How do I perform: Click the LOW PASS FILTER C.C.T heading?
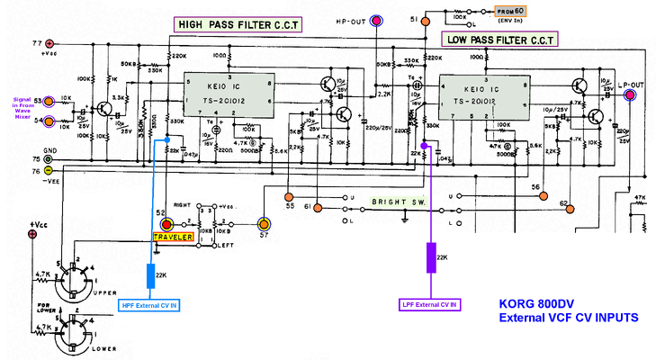click(x=500, y=40)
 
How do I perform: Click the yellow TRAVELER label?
click(x=173, y=237)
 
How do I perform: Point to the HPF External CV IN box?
click(x=148, y=306)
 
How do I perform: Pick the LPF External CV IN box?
click(x=428, y=304)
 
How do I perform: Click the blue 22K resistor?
click(x=150, y=274)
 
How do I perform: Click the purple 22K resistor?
click(x=431, y=257)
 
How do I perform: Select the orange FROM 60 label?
click(x=515, y=11)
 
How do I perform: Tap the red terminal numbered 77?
click(x=49, y=42)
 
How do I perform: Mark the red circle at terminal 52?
click(x=166, y=223)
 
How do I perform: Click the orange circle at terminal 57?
click(x=264, y=223)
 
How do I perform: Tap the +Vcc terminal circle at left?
click(x=33, y=235)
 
